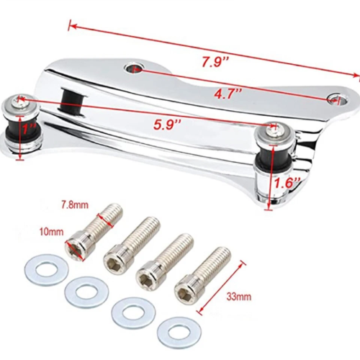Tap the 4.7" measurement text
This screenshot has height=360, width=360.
click(x=227, y=94)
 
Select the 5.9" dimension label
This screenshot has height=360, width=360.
click(x=167, y=125)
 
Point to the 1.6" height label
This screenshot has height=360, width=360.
click(x=287, y=184)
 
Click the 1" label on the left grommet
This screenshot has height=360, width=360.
click(x=28, y=130)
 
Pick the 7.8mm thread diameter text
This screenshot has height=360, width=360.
click(x=75, y=205)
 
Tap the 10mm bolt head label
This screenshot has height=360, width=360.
click(x=52, y=232)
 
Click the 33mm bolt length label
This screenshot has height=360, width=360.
click(x=239, y=297)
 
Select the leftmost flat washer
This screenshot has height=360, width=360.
click(x=46, y=271)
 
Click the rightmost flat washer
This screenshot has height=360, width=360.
click(x=179, y=333)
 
